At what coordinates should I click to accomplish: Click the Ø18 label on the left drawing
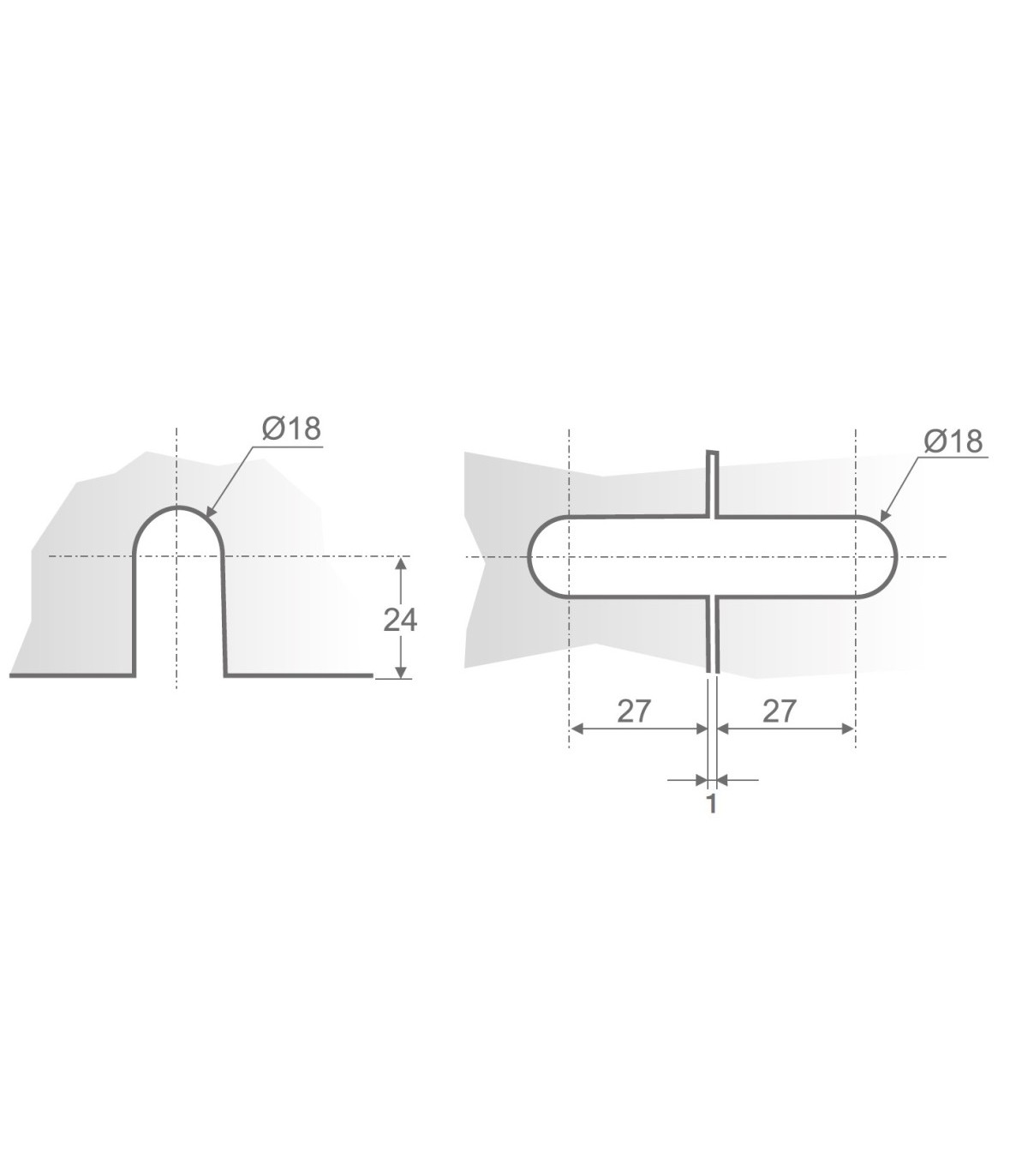point(291,429)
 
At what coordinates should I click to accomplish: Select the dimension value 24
point(400,619)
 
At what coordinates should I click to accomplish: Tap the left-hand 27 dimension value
point(634,711)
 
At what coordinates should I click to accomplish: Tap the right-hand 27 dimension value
point(779,711)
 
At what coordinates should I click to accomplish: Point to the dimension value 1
point(711,804)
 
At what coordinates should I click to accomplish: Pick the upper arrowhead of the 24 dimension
point(400,563)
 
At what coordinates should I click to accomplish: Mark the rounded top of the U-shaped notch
point(178,508)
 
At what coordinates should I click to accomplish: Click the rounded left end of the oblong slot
point(529,557)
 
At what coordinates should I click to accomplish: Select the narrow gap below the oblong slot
point(712,634)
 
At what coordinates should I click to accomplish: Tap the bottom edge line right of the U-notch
point(300,675)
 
